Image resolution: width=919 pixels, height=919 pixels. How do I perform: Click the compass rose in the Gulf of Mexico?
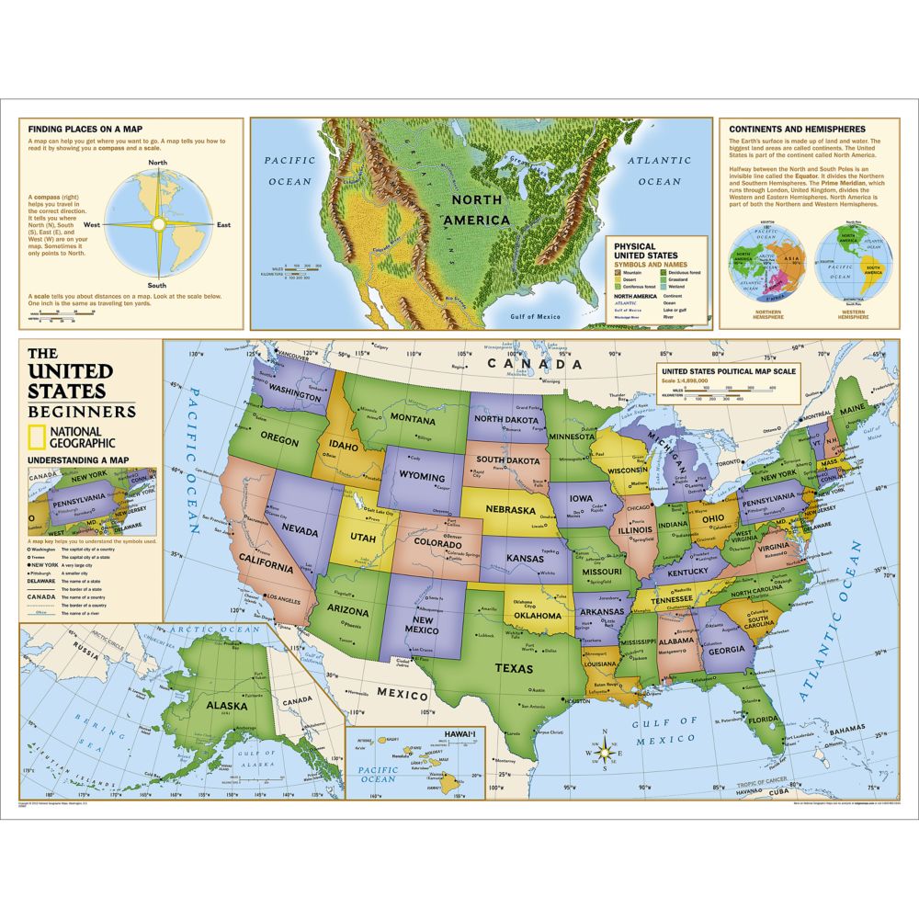604,753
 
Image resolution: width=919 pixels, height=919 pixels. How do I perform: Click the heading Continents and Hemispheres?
796,130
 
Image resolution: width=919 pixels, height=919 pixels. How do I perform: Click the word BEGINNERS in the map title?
81,411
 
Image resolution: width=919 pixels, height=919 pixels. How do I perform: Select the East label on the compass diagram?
223,224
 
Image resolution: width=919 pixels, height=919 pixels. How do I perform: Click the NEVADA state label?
300,531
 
